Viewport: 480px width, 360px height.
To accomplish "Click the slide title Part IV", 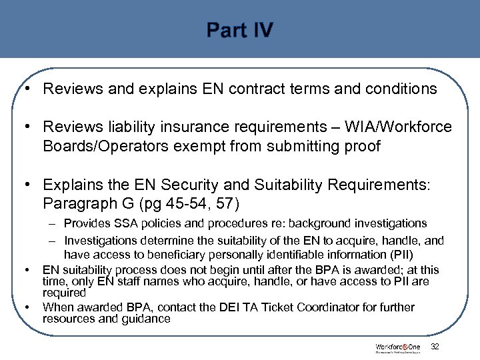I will (239, 31).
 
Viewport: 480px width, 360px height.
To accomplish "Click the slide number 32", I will (435, 347).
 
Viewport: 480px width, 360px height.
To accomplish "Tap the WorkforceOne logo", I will (397, 347).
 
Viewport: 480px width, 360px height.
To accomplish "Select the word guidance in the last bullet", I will (147, 319).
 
